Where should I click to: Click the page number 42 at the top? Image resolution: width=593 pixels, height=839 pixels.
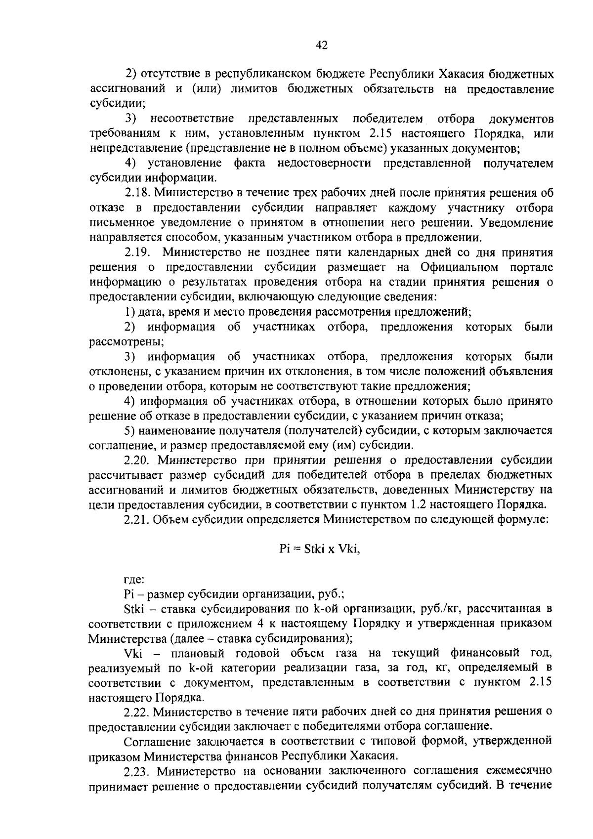click(x=321, y=45)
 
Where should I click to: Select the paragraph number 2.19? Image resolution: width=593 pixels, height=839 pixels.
click(x=137, y=252)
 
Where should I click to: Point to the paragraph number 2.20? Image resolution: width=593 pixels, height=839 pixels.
click(x=137, y=461)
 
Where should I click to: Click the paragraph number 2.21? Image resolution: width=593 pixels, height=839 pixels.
click(x=137, y=520)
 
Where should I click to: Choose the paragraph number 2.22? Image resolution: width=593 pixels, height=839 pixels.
click(x=137, y=712)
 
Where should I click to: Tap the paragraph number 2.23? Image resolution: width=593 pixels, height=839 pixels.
click(x=137, y=771)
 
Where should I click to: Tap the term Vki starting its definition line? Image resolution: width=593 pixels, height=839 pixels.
click(x=133, y=653)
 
